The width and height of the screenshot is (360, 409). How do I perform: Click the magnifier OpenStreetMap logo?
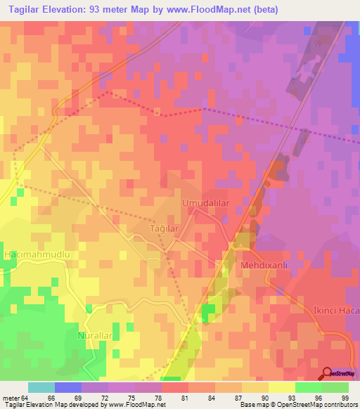328,373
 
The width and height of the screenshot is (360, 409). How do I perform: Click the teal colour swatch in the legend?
41,387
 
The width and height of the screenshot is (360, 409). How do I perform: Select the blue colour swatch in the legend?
68,387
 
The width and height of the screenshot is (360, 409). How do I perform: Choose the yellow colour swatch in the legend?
281,387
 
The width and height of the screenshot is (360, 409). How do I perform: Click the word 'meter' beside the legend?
13,398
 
